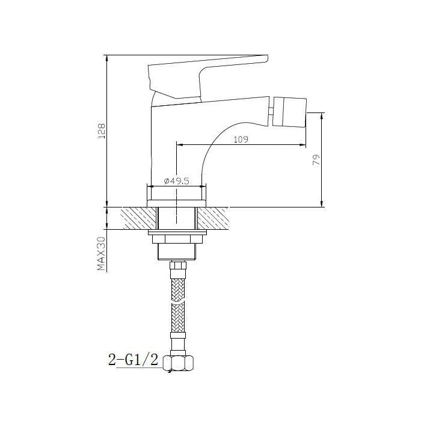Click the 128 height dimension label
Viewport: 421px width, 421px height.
102,131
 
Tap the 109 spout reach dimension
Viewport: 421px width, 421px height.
241,140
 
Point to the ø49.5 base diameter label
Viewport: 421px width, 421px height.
176,181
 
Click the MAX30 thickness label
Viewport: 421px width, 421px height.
100,253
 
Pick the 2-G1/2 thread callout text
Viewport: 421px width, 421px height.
133,360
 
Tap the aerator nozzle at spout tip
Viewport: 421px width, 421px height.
290,112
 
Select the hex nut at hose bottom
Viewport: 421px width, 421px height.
178,363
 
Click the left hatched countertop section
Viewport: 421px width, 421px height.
138,218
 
